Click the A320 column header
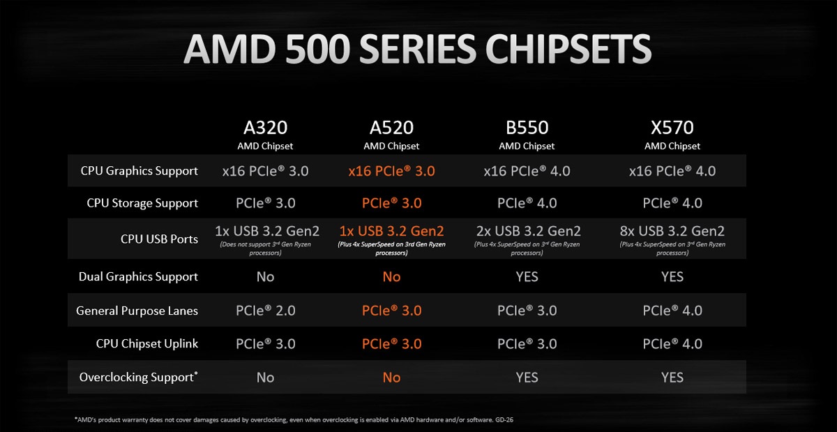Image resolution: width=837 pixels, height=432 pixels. [x=265, y=128]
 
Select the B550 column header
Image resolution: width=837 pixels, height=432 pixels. [x=527, y=128]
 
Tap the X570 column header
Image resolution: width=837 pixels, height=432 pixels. [x=672, y=128]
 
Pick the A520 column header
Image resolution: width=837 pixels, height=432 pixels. [x=391, y=128]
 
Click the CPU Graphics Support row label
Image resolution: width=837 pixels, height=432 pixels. [x=139, y=171]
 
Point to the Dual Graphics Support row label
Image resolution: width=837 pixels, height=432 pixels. [x=138, y=277]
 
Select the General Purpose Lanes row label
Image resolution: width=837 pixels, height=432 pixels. [x=137, y=311]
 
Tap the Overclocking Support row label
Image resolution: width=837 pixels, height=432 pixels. [x=138, y=378]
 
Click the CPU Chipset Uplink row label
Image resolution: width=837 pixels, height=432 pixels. [x=147, y=344]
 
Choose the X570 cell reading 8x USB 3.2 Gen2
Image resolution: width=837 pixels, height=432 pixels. [x=672, y=231]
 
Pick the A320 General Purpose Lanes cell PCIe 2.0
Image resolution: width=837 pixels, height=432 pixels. [x=265, y=311]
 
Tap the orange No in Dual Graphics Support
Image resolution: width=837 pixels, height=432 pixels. [x=391, y=277]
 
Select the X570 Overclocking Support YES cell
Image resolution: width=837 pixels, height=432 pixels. [x=672, y=378]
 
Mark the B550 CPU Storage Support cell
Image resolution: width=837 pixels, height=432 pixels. [x=527, y=203]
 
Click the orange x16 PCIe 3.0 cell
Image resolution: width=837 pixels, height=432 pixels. [x=391, y=171]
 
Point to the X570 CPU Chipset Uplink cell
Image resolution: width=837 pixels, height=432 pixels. [x=672, y=344]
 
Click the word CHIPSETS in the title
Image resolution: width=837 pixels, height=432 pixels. [x=568, y=51]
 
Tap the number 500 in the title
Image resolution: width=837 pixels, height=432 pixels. [x=299, y=51]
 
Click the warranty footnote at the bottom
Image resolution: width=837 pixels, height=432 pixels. [x=294, y=419]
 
